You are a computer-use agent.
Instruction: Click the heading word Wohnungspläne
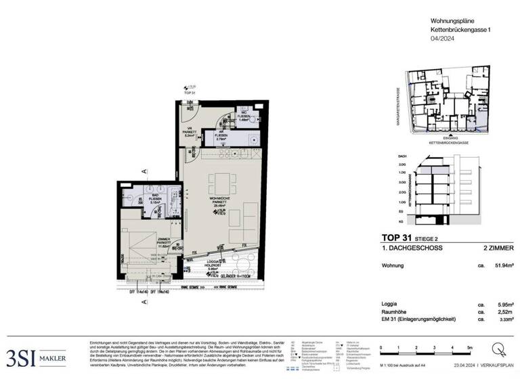pyautogui.click(x=452, y=22)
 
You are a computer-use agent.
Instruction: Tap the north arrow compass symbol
pyautogui.click(x=499, y=349)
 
